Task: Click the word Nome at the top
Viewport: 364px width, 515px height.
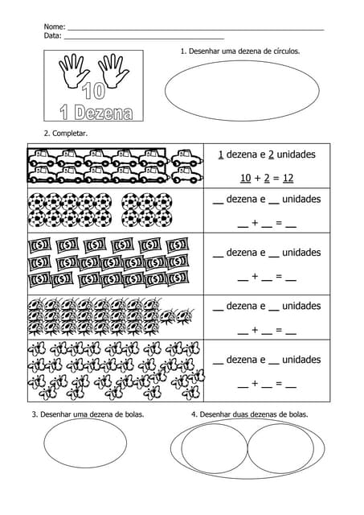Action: click(x=54, y=27)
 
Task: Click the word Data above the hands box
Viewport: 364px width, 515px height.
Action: click(x=52, y=35)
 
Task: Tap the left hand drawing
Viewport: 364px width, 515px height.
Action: click(x=74, y=70)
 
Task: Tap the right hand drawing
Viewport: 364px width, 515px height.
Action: click(x=113, y=70)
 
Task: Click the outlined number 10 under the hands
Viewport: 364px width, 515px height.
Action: click(x=94, y=91)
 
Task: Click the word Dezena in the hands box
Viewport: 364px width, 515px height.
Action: click(x=104, y=113)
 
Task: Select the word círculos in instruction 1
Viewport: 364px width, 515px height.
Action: click(x=286, y=51)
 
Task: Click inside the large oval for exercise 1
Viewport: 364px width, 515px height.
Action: click(x=242, y=91)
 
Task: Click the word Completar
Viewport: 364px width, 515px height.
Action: click(x=70, y=134)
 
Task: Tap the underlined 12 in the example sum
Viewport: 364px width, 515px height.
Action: click(x=288, y=178)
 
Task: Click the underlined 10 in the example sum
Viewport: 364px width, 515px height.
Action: click(x=246, y=178)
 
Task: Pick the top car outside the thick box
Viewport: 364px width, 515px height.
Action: click(x=186, y=158)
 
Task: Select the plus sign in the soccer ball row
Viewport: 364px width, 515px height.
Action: click(x=255, y=223)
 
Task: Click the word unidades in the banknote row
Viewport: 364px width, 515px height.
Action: click(x=301, y=252)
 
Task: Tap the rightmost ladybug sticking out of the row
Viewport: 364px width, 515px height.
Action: click(x=186, y=316)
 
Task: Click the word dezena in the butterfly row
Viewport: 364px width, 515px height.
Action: click(x=246, y=360)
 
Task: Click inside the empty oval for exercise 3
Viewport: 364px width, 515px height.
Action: click(x=85, y=443)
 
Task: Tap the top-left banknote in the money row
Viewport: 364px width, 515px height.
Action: click(x=39, y=245)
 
